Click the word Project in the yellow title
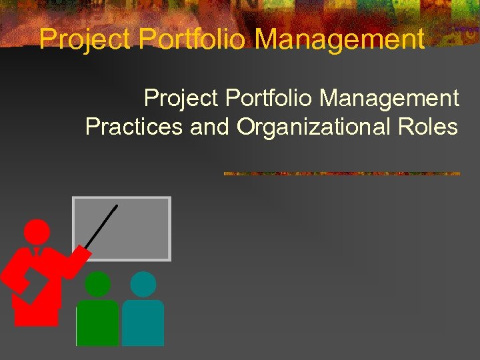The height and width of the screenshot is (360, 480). (x=85, y=39)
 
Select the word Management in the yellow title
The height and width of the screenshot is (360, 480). (x=339, y=39)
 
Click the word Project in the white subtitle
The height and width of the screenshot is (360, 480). (x=181, y=99)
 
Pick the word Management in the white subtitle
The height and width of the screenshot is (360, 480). (x=389, y=99)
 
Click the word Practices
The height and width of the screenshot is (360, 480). (x=134, y=127)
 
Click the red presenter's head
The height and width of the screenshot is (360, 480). (x=37, y=232)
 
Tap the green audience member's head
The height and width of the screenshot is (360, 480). (x=97, y=285)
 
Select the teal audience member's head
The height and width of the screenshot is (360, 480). (x=143, y=285)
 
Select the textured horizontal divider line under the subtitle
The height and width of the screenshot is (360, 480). (x=341, y=173)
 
